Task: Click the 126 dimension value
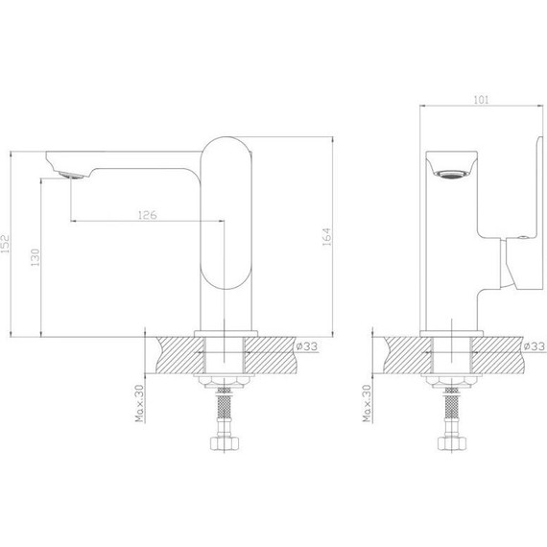point(148,215)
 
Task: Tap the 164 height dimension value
point(326,237)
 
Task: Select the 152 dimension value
point(5,243)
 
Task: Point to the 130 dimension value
point(36,257)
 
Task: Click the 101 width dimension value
point(481,100)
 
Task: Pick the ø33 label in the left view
point(307,346)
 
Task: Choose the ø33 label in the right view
point(535,346)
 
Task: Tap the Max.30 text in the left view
point(139,403)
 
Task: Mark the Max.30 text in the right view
point(367,403)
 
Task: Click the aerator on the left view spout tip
point(72,175)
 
